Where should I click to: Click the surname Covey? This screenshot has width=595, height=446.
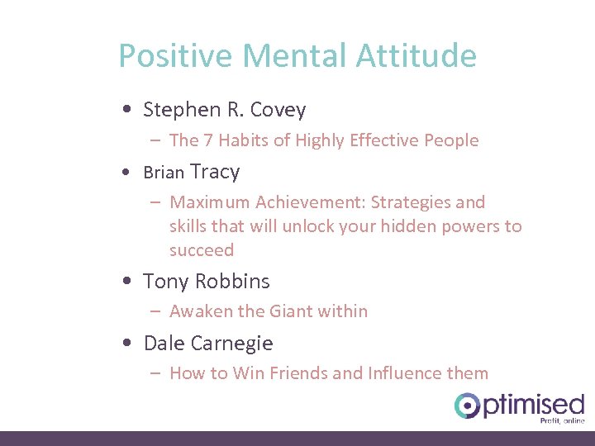(278, 110)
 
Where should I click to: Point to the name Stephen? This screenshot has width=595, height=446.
(177, 110)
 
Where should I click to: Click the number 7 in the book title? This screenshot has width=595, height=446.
(208, 140)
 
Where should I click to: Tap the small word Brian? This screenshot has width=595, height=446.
(164, 173)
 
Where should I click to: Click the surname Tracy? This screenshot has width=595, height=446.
(215, 172)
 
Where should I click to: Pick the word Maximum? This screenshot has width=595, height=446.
(210, 202)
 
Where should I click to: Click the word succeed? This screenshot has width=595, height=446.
(202, 250)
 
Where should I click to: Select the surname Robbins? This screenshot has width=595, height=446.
(236, 281)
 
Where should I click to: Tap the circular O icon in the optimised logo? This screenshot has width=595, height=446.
(468, 405)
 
